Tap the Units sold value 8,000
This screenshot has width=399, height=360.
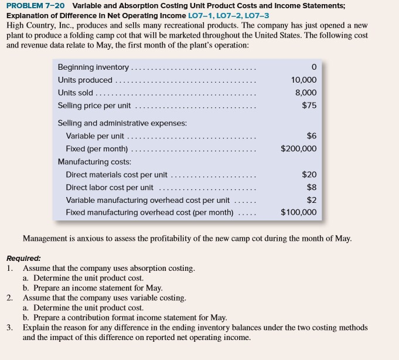306,93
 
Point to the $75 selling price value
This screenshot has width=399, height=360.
309,106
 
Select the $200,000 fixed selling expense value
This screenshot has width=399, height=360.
299,148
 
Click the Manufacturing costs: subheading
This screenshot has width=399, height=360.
94,161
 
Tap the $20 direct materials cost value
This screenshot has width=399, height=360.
309,174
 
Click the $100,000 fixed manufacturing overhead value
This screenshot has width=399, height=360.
299,212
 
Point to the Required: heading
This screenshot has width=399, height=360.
24,258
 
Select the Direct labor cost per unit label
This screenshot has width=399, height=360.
110,187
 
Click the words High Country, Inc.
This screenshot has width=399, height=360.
37,26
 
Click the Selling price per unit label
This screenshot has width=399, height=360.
94,106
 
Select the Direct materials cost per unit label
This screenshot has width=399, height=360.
117,174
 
